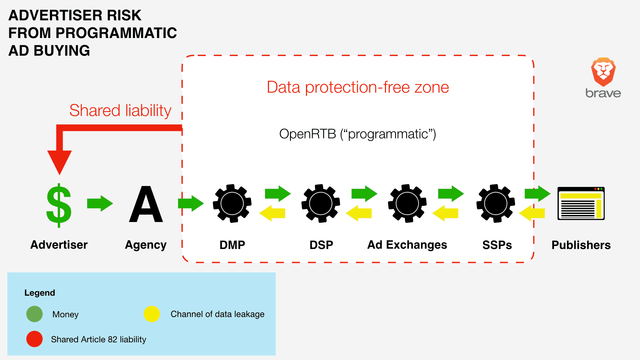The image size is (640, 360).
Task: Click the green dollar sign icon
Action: point(59,205)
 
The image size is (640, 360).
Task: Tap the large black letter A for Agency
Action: point(146,204)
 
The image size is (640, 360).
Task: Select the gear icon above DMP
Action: point(232,203)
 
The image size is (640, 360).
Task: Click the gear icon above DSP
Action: point(321,203)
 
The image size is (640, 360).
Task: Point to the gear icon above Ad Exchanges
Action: point(407,203)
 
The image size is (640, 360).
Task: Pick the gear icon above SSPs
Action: point(496,203)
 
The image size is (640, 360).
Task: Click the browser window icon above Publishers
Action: point(581,203)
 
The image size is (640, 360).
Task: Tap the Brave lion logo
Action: point(603,72)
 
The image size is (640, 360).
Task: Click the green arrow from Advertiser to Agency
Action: point(100,203)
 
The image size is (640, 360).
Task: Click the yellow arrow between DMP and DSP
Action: point(272,213)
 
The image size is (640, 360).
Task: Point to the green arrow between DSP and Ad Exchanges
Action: point(364,194)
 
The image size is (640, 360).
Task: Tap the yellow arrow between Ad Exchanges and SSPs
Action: point(445,213)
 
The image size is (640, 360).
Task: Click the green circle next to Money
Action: point(35,314)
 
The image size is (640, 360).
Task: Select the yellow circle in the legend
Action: point(152,314)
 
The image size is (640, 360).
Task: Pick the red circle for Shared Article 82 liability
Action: point(35,339)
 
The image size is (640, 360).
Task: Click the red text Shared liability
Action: point(120,111)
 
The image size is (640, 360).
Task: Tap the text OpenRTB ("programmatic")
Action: point(358,134)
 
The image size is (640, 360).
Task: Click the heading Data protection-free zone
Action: point(358,87)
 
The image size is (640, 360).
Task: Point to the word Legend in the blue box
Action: point(40,293)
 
